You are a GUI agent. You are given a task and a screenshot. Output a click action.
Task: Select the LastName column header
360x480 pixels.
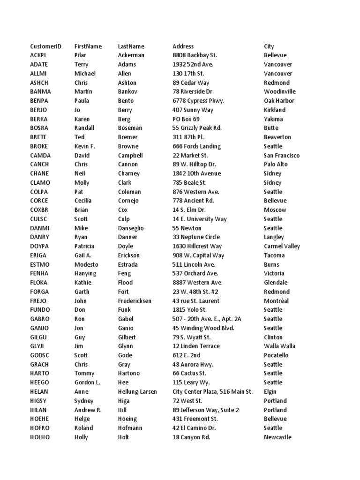click(x=131, y=46)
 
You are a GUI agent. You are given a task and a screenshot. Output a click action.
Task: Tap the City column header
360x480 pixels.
click(x=269, y=46)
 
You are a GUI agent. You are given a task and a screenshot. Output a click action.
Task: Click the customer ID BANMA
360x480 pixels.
click(x=40, y=92)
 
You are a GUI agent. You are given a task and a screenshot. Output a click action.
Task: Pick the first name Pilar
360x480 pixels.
click(x=80, y=55)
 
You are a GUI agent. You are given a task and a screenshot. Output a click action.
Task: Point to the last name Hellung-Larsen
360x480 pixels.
click(x=137, y=392)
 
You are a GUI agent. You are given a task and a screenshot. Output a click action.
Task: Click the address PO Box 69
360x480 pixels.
click(x=186, y=119)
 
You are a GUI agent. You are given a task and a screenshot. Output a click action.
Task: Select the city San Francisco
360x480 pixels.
click(x=282, y=156)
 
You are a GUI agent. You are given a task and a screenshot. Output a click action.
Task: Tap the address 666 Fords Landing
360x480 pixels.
click(x=196, y=146)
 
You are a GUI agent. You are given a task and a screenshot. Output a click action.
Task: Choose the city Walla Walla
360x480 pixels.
click(x=279, y=346)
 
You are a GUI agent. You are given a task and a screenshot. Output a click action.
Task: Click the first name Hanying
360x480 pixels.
click(x=85, y=273)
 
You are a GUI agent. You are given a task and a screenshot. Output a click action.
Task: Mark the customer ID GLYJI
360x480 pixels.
click(x=38, y=346)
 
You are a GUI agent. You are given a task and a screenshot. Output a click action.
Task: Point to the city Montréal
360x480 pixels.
click(x=276, y=301)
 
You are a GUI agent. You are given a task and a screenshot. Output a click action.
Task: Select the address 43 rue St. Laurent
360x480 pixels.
click(x=195, y=301)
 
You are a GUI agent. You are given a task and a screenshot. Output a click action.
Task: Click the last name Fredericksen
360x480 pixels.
click(x=135, y=301)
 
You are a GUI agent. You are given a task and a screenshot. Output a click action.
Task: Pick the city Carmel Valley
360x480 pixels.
click(x=282, y=246)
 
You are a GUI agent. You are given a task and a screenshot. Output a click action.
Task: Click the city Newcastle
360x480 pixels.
click(x=277, y=437)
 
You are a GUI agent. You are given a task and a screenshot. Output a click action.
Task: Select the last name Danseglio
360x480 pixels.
click(x=131, y=228)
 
